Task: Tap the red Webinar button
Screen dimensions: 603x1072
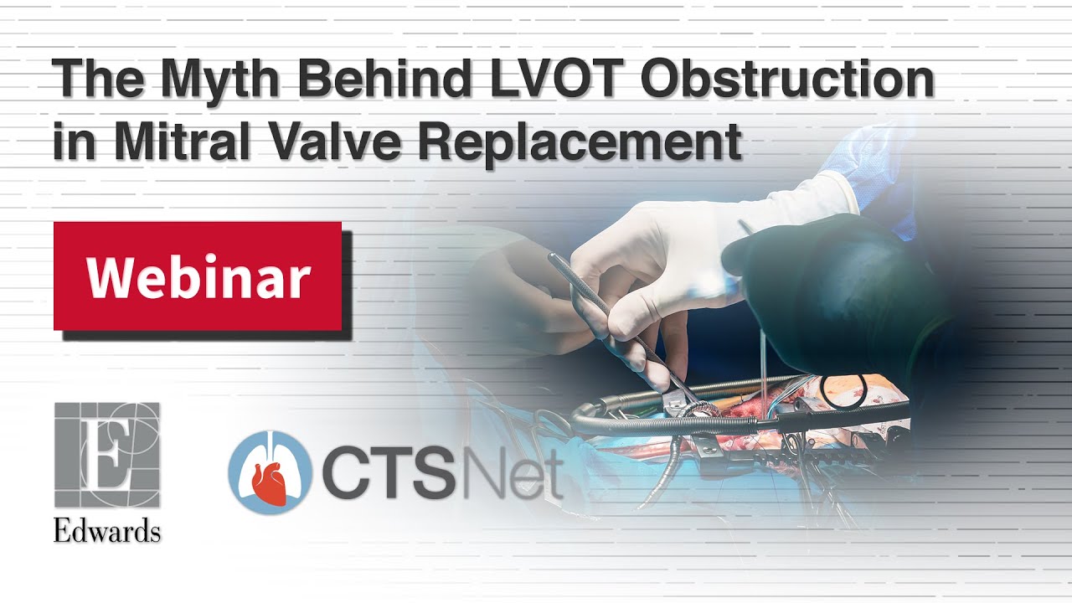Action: [198, 276]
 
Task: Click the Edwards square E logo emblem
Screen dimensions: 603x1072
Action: [107, 456]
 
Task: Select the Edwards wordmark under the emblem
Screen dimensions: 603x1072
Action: [107, 530]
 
